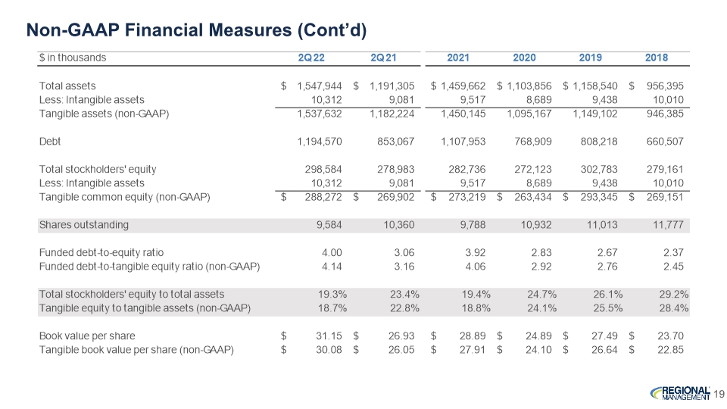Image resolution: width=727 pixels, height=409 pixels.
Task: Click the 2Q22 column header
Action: (311, 58)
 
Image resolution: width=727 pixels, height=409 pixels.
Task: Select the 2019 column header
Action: (590, 58)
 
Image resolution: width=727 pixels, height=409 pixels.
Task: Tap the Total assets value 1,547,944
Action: (320, 86)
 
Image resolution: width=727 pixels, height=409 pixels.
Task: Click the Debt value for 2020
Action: (532, 142)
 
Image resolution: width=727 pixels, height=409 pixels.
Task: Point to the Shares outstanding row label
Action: (84, 225)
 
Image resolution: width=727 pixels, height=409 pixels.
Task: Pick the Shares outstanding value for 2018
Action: (668, 225)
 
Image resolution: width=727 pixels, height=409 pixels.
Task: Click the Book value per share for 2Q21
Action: (401, 336)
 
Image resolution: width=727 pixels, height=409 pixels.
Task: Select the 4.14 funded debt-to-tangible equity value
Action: (332, 267)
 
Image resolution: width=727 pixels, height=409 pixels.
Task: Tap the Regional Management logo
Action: (680, 393)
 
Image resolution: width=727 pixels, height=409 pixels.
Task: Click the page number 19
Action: (719, 394)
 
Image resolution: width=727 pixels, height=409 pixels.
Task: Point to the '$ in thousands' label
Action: (73, 58)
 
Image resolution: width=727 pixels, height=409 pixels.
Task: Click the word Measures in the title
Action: (249, 30)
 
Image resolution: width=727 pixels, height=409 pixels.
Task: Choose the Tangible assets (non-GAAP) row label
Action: (104, 114)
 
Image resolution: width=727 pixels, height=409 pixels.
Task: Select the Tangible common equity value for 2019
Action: (598, 197)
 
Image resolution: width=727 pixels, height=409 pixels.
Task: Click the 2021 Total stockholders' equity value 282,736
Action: (467, 169)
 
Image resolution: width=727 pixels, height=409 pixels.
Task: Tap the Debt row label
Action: (50, 142)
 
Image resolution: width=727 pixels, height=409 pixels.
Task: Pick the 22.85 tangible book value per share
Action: (670, 350)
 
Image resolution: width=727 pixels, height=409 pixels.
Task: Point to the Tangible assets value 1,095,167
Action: (529, 114)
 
